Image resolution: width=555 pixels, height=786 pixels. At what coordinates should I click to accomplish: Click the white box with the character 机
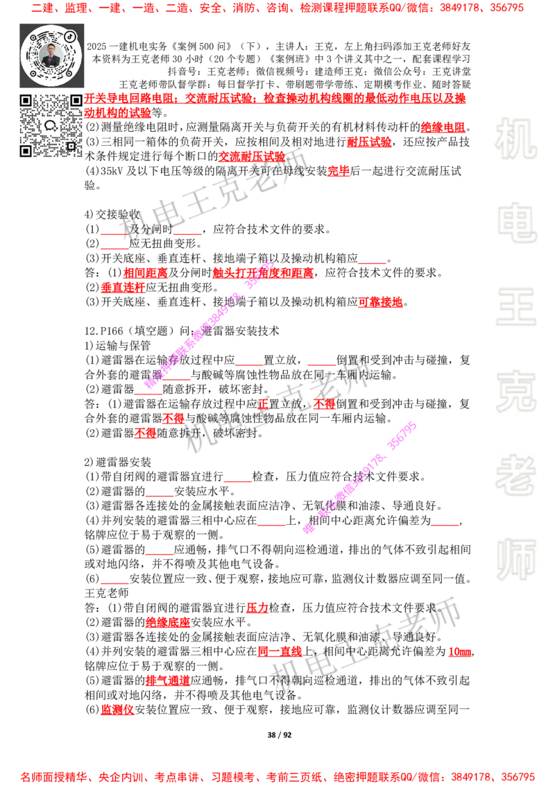(515, 138)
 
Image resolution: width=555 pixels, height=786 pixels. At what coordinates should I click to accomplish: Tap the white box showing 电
(518, 221)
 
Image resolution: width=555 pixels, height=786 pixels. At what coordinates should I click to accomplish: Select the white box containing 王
(515, 308)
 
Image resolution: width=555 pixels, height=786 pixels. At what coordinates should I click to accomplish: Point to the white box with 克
(515, 391)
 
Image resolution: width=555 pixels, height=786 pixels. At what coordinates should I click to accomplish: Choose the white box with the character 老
(515, 474)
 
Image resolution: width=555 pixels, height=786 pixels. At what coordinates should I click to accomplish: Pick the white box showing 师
(515, 560)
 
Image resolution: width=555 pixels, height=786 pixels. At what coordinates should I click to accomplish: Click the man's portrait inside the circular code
(51, 55)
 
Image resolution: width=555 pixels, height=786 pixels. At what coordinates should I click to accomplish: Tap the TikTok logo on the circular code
(69, 35)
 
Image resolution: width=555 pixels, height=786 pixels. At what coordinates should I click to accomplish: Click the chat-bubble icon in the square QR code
(50, 126)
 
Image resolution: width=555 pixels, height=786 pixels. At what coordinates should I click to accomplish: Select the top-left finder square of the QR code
(26, 101)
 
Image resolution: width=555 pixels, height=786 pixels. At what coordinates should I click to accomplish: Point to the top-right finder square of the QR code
(75, 101)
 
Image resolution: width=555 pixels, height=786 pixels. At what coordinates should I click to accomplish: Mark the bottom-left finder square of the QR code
(26, 151)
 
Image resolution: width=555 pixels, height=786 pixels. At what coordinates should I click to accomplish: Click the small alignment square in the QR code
(70, 146)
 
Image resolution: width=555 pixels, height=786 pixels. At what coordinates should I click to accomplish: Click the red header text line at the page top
(277, 9)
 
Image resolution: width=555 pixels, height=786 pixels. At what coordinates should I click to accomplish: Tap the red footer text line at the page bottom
(277, 777)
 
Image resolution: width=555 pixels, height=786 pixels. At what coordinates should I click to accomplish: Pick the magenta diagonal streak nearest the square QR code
(208, 324)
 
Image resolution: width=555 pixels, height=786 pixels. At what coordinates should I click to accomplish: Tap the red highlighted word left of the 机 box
(443, 126)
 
